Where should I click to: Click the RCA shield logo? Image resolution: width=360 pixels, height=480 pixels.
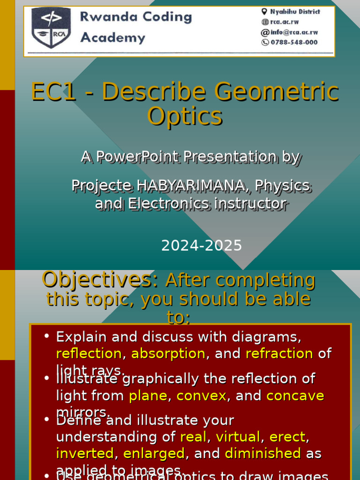tap(51, 28)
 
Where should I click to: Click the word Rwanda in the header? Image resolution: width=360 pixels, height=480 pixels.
tap(106, 17)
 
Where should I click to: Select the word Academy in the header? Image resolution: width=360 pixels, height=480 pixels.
tap(112, 37)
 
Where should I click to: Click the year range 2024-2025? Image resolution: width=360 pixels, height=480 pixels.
tap(202, 245)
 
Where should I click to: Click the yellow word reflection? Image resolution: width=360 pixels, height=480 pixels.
tap(89, 353)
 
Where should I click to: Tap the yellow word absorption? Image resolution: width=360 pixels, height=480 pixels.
tap(168, 353)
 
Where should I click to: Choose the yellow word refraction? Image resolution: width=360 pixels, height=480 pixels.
tap(279, 353)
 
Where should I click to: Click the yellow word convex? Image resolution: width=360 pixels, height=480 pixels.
tap(201, 396)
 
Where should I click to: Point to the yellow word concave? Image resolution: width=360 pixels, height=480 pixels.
tap(295, 396)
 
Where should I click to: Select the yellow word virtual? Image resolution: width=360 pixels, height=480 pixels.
tap(237, 437)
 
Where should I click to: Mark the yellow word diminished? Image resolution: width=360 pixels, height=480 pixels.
tap(262, 454)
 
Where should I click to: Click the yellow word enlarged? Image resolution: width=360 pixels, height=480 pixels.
tap(154, 454)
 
